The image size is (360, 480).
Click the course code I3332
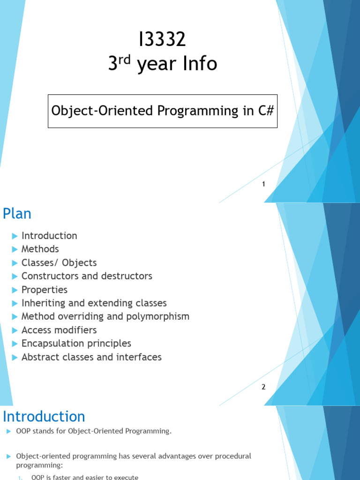click(162, 39)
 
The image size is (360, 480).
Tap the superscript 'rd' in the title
click(124, 60)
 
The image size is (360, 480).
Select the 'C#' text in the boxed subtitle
click(266, 111)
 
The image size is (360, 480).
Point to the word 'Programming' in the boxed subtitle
click(198, 111)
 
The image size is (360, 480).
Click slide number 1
click(263, 184)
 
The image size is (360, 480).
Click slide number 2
click(263, 387)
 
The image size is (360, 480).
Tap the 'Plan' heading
click(17, 214)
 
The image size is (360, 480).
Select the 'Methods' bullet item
click(40, 249)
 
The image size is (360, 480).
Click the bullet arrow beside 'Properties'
click(15, 290)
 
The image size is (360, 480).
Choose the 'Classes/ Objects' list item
click(59, 262)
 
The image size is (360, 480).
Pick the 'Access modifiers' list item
click(59, 330)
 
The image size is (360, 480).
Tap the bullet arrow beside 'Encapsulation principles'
click(15, 344)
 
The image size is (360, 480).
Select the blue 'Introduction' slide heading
click(44, 417)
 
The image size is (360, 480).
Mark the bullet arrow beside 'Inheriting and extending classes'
click(15, 303)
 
